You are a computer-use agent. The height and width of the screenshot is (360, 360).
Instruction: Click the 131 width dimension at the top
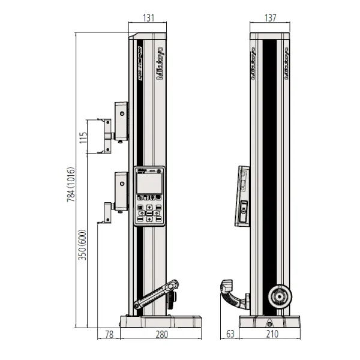(147, 19)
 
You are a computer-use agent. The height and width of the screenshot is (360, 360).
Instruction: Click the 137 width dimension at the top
(269, 19)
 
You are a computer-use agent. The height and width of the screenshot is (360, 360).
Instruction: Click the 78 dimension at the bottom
(109, 335)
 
